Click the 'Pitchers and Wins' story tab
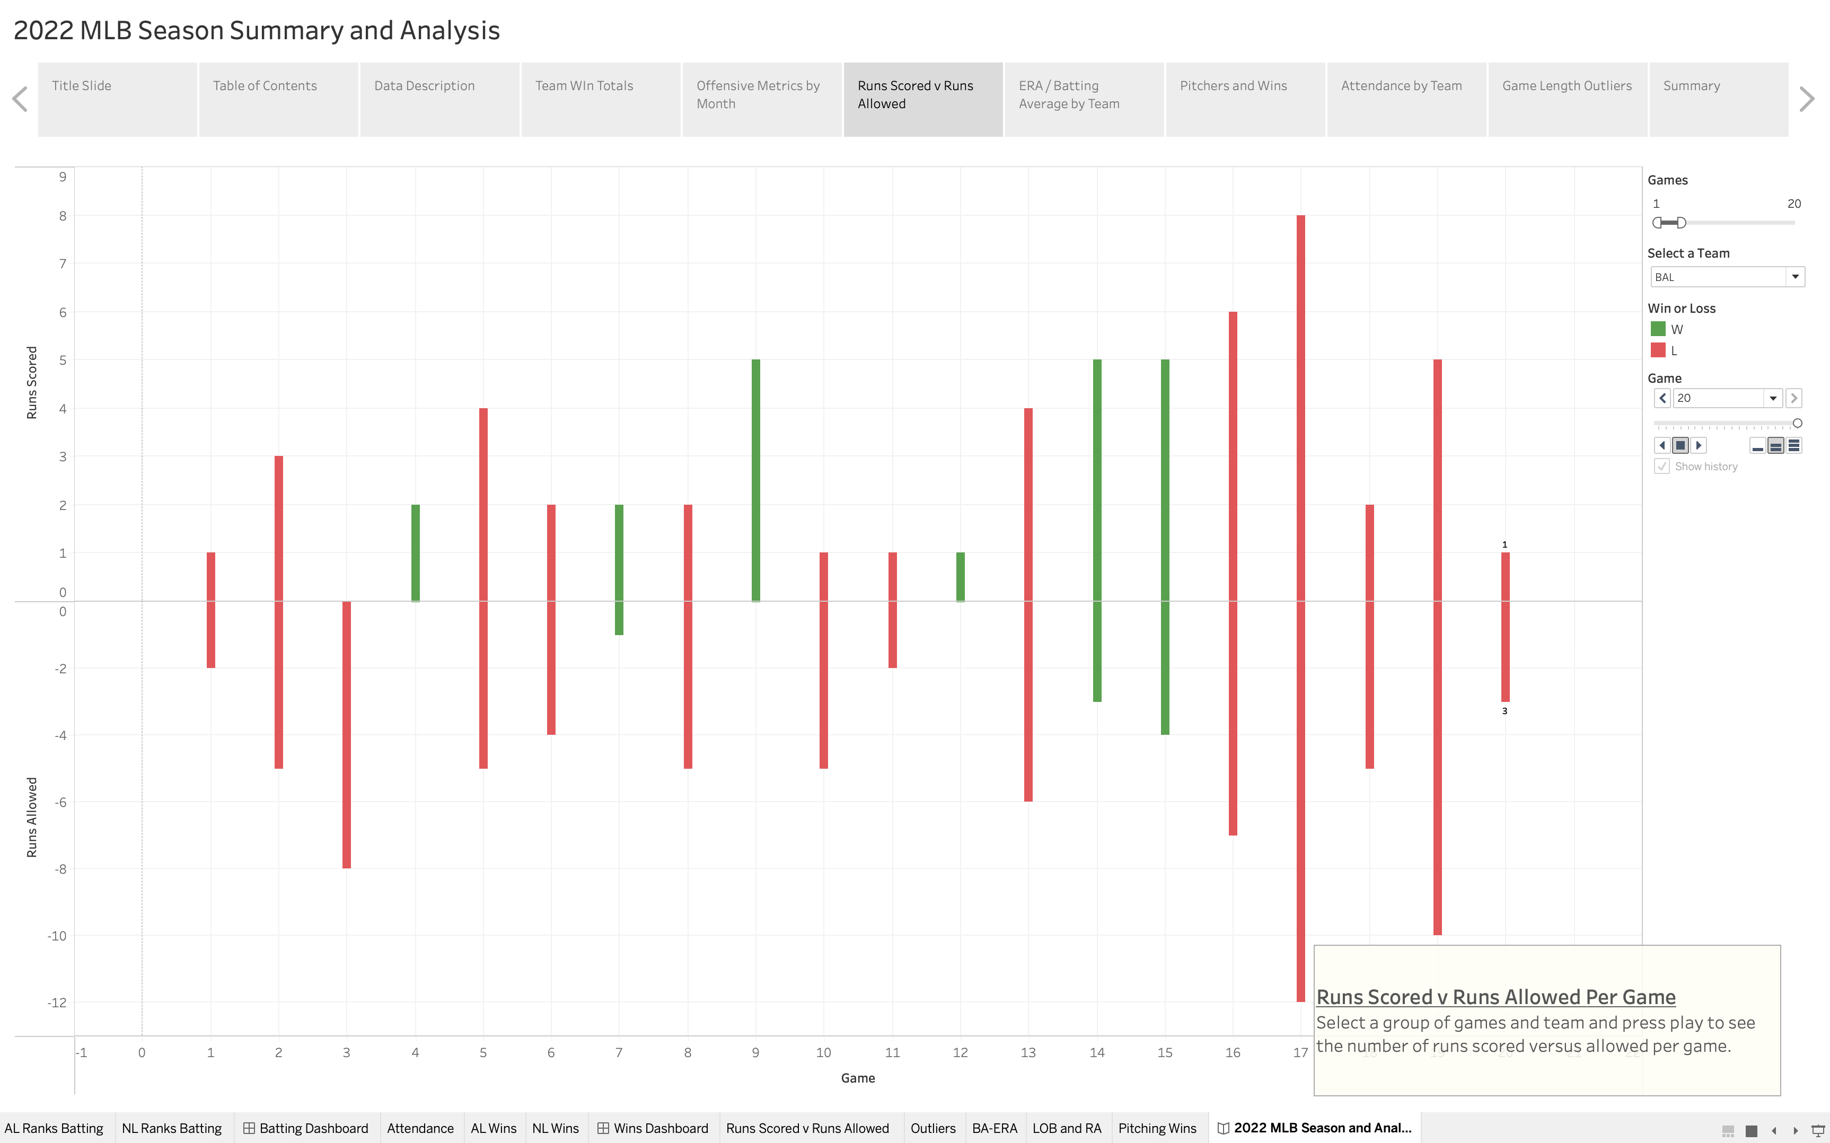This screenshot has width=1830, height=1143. point(1244,99)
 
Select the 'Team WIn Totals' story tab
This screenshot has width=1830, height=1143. point(600,99)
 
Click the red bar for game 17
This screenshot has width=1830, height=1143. point(1300,605)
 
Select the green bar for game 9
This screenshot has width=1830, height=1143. point(755,480)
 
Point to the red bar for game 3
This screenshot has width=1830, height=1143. point(346,733)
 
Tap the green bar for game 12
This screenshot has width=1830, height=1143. point(960,576)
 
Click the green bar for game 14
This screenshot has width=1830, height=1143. point(1097,529)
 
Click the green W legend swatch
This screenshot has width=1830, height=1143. point(1658,329)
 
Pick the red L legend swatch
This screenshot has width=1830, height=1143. point(1658,350)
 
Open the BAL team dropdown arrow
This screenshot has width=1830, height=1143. point(1794,277)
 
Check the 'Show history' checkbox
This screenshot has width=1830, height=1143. point(1661,467)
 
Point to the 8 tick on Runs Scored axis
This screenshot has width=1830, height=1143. point(63,216)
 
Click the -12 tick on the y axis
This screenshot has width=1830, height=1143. point(57,1003)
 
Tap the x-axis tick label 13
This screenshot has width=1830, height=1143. point(1028,1052)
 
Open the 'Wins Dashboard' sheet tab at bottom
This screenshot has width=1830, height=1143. point(653,1128)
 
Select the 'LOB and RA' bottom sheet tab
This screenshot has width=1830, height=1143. point(1067,1128)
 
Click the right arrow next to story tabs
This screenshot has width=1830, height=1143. point(1807,99)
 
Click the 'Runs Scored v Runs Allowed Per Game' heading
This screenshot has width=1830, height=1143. point(1495,997)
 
